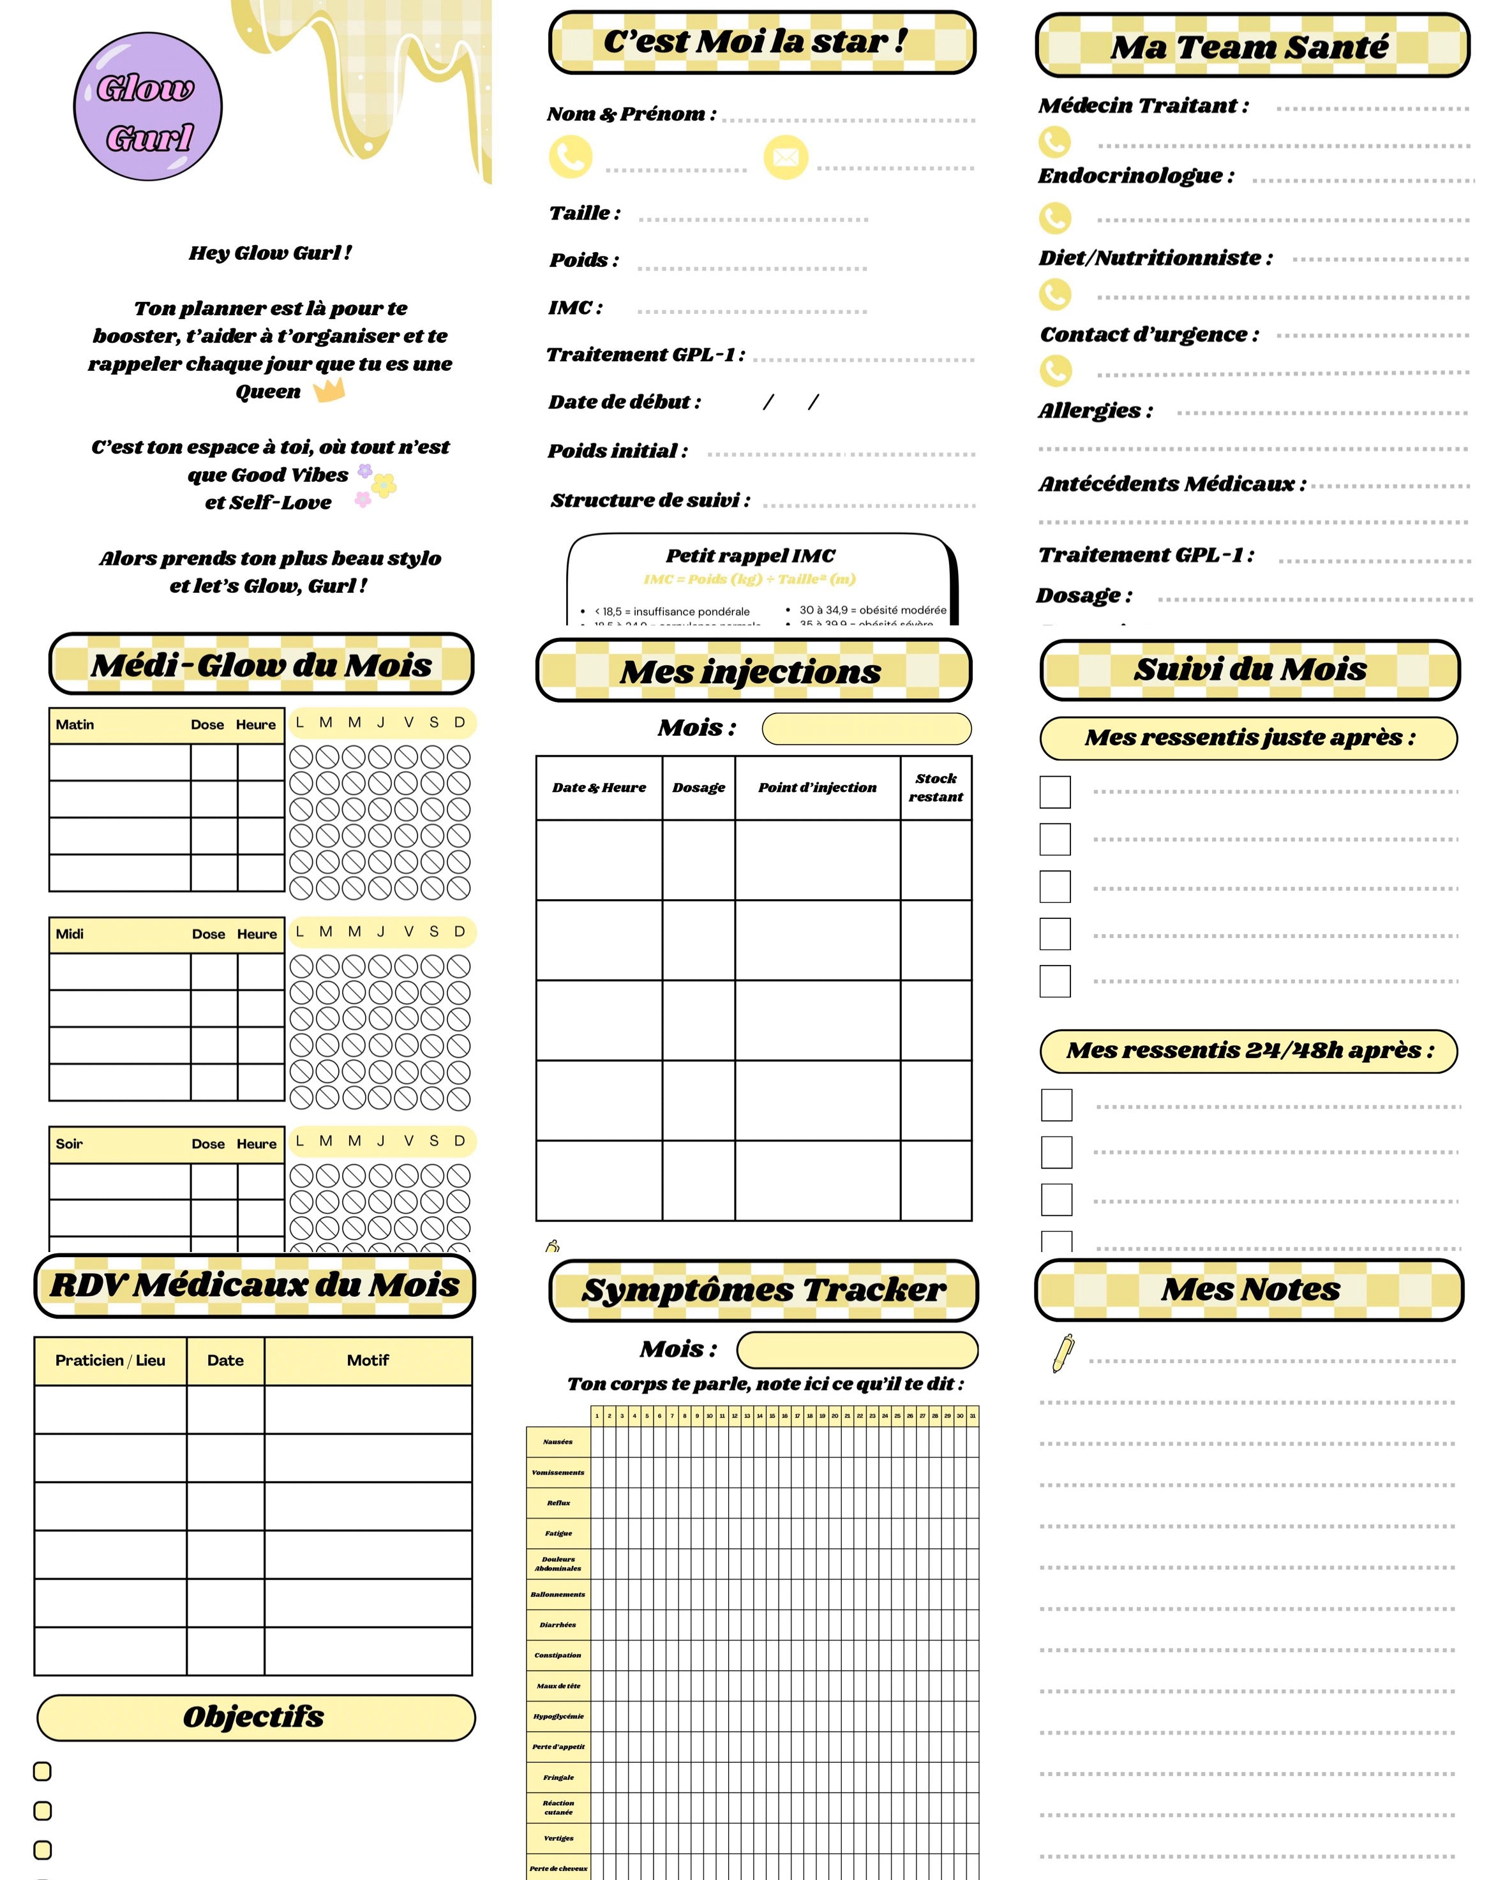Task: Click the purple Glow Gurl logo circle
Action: point(147,107)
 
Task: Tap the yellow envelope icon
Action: point(785,157)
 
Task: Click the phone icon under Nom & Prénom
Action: point(570,157)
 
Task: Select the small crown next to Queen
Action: point(329,390)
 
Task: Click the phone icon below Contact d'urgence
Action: point(1055,371)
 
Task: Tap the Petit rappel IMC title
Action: point(750,555)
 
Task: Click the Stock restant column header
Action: point(935,787)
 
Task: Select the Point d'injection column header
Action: point(816,787)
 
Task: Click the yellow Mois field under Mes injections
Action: point(866,728)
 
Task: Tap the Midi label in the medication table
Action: point(70,934)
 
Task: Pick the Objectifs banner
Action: point(255,1716)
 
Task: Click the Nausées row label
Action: point(558,1442)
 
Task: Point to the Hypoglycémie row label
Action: point(558,1716)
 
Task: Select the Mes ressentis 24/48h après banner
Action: point(1248,1050)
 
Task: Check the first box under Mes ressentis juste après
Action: point(1055,792)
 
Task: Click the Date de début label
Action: point(624,402)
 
